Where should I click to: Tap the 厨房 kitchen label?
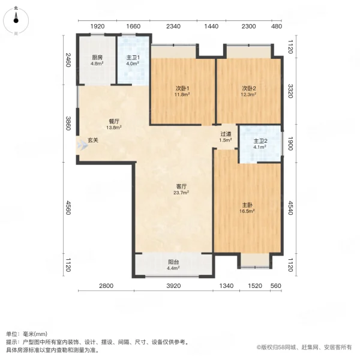tap(97, 58)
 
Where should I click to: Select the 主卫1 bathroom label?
tap(132, 58)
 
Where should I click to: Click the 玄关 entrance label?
tap(93, 140)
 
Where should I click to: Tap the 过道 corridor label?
tap(226, 134)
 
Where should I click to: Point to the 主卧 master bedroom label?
tap(248, 205)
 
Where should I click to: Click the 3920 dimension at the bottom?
tap(173, 286)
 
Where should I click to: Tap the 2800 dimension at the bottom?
tap(106, 286)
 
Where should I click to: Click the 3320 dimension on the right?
tap(290, 91)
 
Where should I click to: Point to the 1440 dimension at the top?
tap(211, 26)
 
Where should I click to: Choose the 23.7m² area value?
tap(181, 193)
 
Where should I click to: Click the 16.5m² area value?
tap(248, 211)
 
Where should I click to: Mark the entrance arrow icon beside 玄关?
tap(81, 145)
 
